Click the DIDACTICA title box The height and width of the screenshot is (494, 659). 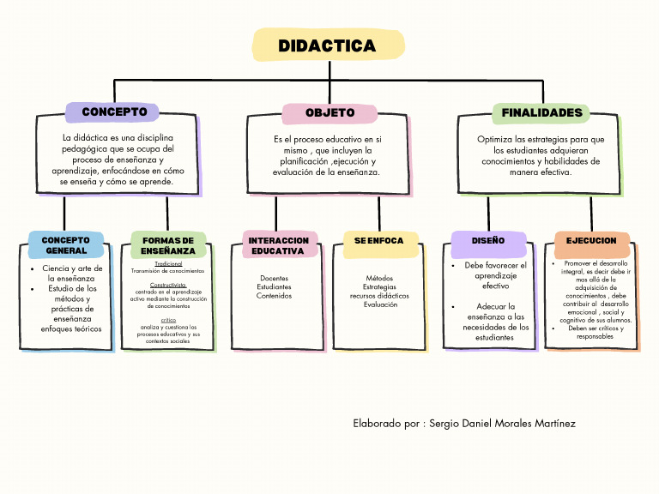coord(328,45)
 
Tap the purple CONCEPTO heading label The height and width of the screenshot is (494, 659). coord(114,112)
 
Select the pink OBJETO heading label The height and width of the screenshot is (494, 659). coord(329,113)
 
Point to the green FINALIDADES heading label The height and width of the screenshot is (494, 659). coord(541,113)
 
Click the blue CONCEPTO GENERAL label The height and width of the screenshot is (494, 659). coord(66,245)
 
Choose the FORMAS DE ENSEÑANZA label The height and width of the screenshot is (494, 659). coord(168,246)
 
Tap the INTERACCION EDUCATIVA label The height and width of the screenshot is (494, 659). coord(278,246)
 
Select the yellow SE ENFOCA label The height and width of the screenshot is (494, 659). coord(379,241)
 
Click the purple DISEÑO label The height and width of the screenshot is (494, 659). coord(488,241)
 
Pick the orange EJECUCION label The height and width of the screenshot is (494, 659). coord(591,241)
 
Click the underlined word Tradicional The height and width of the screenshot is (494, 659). coord(168,263)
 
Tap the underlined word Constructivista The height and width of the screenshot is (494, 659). coord(168,284)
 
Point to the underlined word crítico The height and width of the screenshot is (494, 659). coord(168,320)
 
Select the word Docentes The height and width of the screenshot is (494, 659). coord(275,278)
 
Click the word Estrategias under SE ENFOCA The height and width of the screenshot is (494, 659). coord(379,287)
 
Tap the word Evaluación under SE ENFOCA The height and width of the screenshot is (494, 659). coord(380,304)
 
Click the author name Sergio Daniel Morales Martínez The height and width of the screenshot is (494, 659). coord(502,424)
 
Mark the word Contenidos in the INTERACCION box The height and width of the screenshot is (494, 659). coord(275,296)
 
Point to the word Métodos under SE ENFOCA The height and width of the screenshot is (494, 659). coord(379,278)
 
